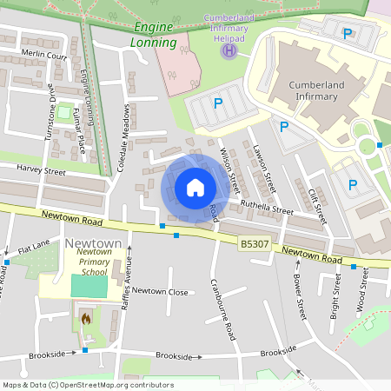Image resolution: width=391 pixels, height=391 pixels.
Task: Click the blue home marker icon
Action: (195, 188)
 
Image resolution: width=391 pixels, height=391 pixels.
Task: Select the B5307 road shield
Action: (252, 246)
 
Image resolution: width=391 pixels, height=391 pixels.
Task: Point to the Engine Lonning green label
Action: (156, 35)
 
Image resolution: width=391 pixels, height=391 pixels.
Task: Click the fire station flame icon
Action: (85, 319)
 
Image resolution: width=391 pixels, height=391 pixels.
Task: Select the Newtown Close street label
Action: (160, 292)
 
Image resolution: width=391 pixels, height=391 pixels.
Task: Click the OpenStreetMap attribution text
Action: (88, 385)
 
